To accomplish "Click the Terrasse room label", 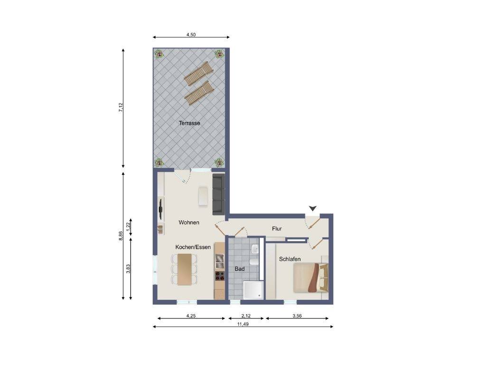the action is [x=189, y=123].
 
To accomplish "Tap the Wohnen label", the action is [x=189, y=222].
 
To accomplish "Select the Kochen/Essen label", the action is [x=193, y=247].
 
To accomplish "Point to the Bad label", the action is [x=240, y=269].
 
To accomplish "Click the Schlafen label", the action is [x=290, y=259].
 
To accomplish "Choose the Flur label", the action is [x=277, y=229].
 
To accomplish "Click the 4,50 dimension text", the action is [x=191, y=35].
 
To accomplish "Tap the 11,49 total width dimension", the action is [x=243, y=324].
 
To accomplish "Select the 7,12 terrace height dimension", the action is [x=121, y=108].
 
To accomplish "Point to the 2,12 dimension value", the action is [x=246, y=316].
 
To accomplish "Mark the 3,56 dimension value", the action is [x=297, y=316].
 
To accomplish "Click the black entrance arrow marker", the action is [x=313, y=208].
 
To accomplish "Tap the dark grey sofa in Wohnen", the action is [x=218, y=194].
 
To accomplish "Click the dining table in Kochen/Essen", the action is [x=185, y=269].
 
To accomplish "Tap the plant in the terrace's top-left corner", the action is [x=159, y=54].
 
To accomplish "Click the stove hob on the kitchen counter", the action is [x=220, y=275].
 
